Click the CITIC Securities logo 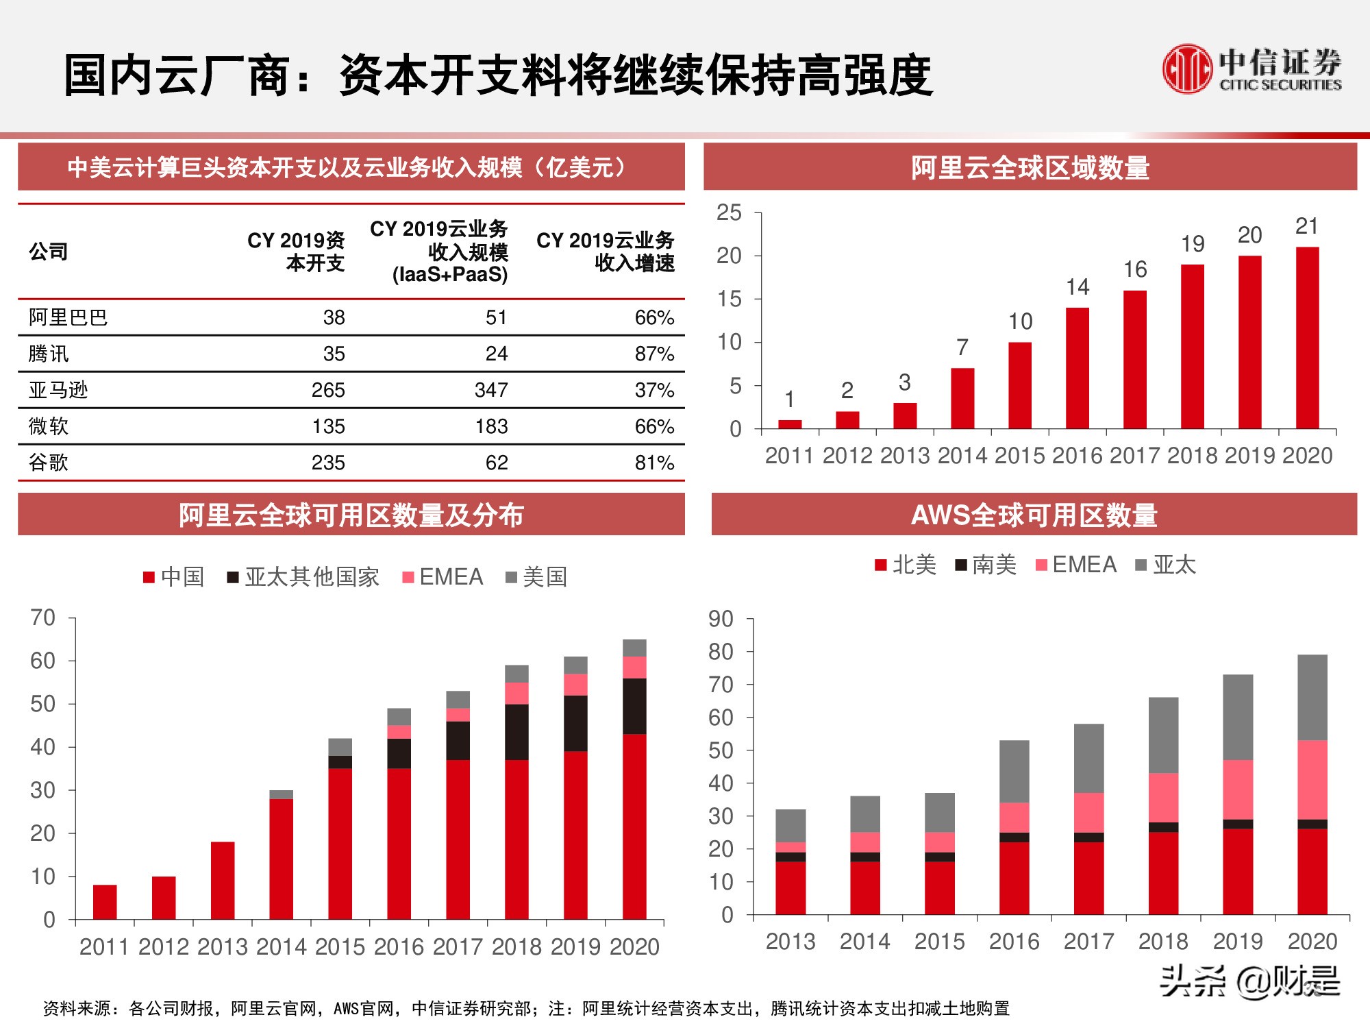(1252, 69)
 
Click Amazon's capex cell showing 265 (327, 390)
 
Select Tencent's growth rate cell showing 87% (654, 354)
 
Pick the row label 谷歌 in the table (49, 463)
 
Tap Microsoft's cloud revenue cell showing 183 (491, 426)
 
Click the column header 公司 (49, 252)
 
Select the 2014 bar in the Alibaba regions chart (962, 398)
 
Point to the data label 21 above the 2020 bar (1307, 226)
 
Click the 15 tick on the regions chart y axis (729, 299)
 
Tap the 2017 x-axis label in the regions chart (1135, 456)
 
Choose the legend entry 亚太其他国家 (303, 577)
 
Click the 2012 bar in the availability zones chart (164, 898)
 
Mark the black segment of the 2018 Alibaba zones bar (516, 732)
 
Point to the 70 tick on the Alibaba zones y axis (42, 617)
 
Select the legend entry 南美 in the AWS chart (986, 565)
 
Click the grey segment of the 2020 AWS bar (1312, 697)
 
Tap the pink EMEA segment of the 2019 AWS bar (1238, 790)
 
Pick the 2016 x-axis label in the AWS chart (1014, 942)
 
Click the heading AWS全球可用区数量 (1034, 515)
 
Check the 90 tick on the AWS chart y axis (721, 619)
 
